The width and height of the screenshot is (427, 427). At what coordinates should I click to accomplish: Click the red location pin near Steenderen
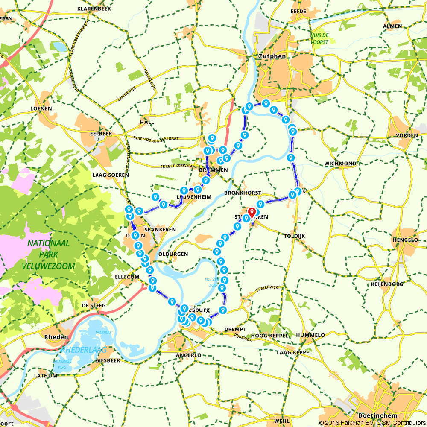(x=252, y=212)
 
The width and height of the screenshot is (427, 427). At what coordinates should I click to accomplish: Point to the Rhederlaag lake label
(x=84, y=350)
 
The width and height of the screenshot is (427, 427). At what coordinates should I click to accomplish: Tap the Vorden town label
(x=407, y=135)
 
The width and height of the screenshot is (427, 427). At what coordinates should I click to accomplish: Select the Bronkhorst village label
(x=243, y=193)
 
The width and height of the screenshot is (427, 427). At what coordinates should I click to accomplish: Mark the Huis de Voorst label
(x=320, y=39)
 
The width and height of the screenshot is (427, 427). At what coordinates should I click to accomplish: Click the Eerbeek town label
(x=101, y=133)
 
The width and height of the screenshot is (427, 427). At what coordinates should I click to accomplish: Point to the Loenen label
(x=41, y=108)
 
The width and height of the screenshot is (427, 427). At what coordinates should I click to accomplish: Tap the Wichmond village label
(x=340, y=164)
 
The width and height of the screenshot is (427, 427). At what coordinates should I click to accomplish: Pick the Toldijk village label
(x=295, y=236)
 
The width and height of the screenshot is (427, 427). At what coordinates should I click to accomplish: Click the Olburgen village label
(x=173, y=254)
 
